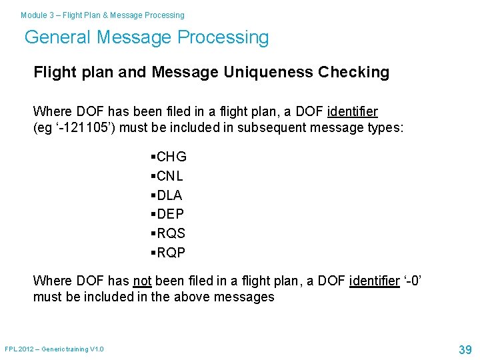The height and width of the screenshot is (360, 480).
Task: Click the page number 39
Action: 465,349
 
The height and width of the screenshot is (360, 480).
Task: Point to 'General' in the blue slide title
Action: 58,37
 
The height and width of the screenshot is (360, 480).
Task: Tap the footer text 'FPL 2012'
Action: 18,349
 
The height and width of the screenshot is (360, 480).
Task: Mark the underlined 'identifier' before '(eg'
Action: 353,111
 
